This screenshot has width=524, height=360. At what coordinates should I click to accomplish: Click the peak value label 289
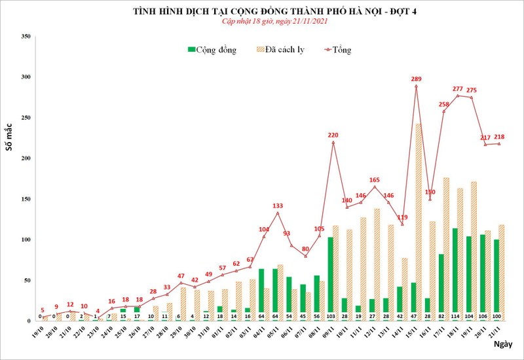(416, 79)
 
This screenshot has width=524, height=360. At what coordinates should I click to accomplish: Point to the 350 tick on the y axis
(26, 37)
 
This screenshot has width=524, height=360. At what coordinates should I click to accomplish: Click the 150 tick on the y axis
(26, 199)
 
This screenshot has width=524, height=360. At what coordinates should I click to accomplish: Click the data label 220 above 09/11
(333, 135)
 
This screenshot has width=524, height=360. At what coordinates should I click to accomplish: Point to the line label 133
(278, 206)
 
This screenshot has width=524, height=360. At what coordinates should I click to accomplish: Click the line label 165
(375, 179)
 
